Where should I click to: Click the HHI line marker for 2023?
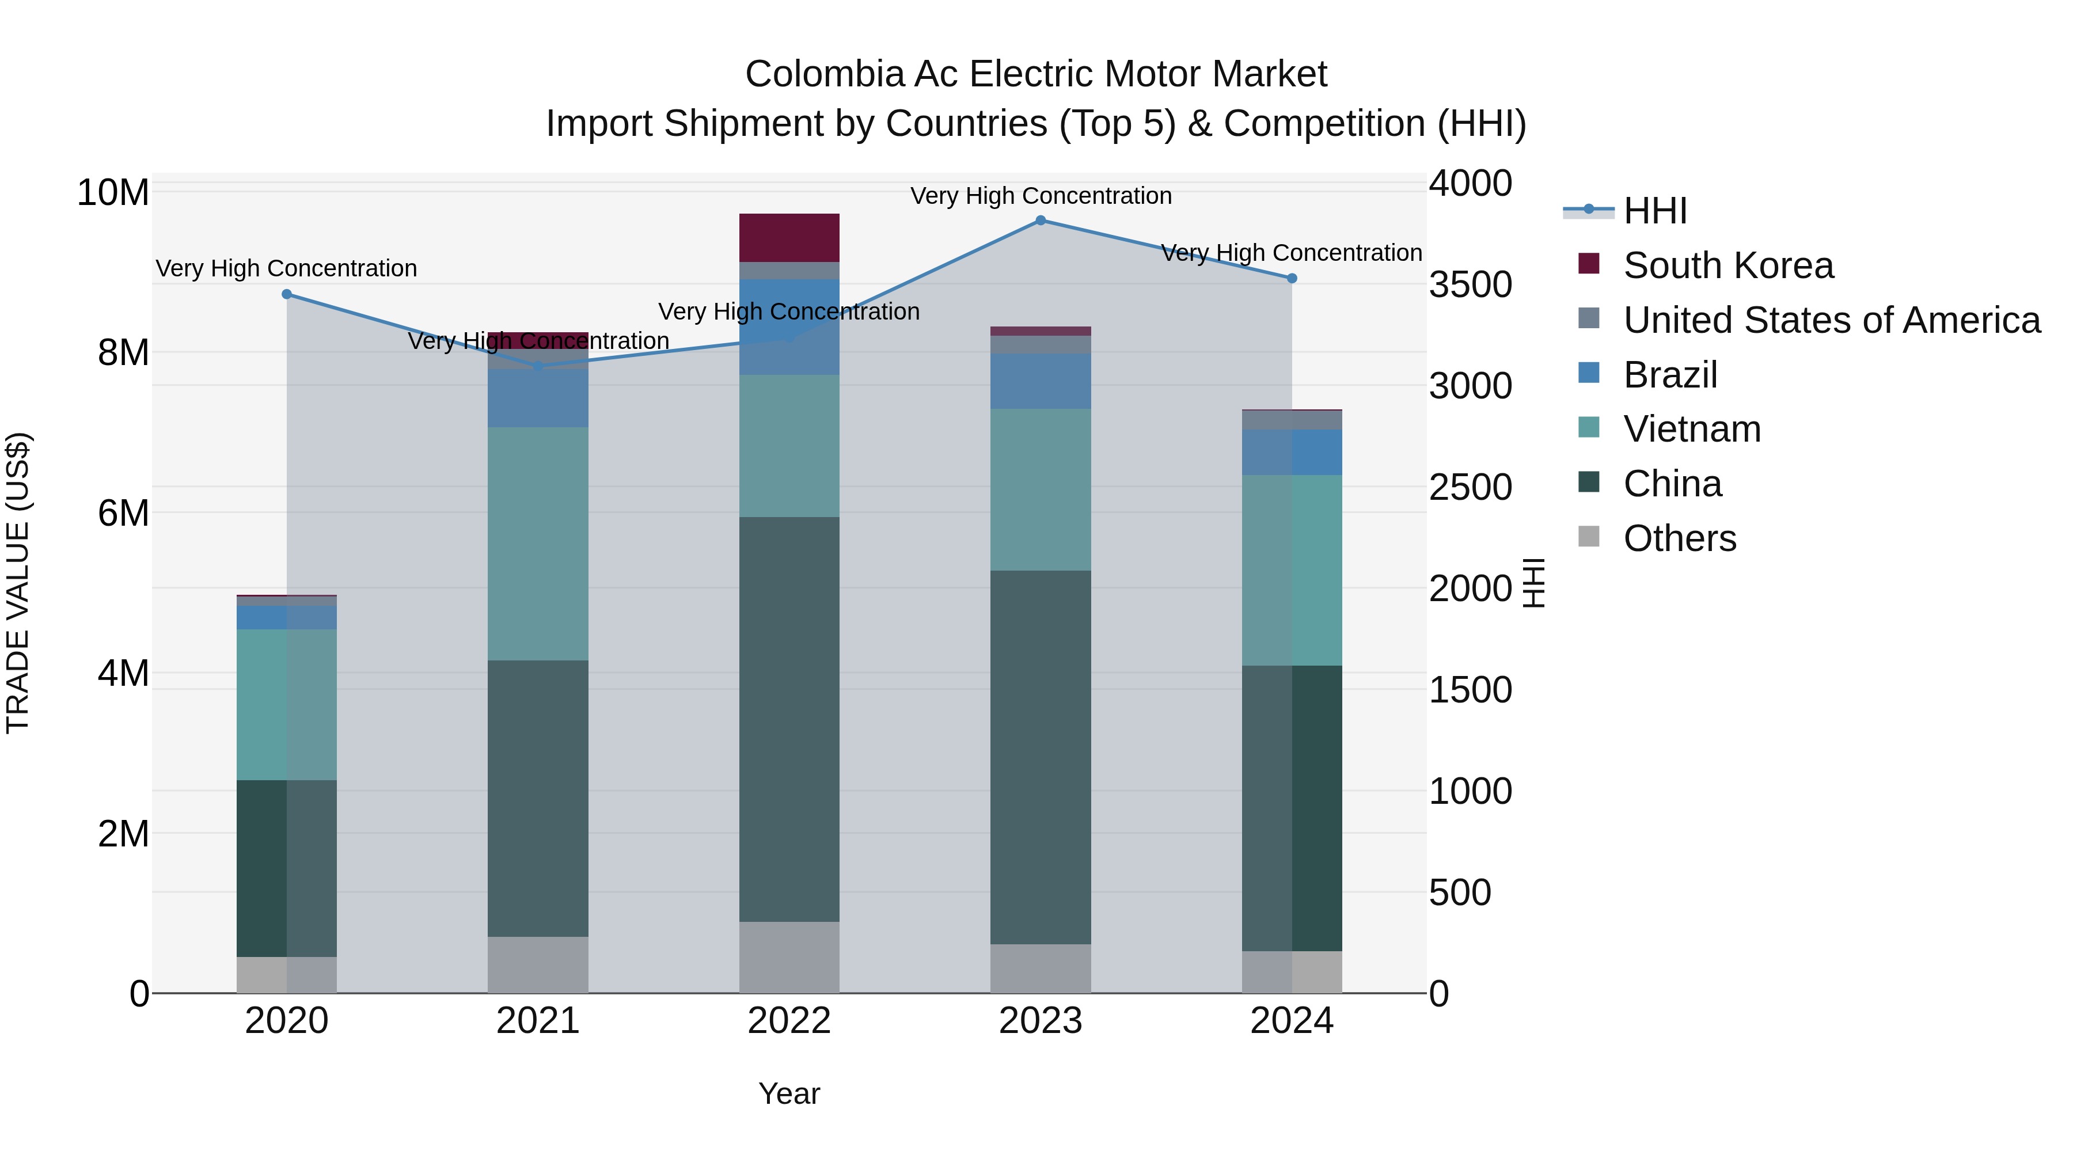pos(1041,221)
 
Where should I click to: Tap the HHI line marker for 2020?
pos(287,294)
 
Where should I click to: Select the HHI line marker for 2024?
pos(1292,279)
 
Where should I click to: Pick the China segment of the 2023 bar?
pos(1041,757)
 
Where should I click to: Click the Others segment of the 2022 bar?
pos(789,957)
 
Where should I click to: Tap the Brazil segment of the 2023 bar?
pos(1041,381)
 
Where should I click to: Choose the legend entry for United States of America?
pos(1831,320)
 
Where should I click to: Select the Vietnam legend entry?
pos(1692,429)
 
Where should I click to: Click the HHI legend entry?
pos(1654,211)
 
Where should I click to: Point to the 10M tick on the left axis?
pos(113,193)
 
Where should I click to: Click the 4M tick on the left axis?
pos(123,674)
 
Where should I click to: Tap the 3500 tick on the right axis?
pos(1470,285)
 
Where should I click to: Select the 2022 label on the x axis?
pos(789,1021)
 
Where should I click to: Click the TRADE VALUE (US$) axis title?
pos(18,583)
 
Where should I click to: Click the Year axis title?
pos(789,1093)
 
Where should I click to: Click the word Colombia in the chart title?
pos(813,74)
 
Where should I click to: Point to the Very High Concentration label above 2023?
pos(1041,196)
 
